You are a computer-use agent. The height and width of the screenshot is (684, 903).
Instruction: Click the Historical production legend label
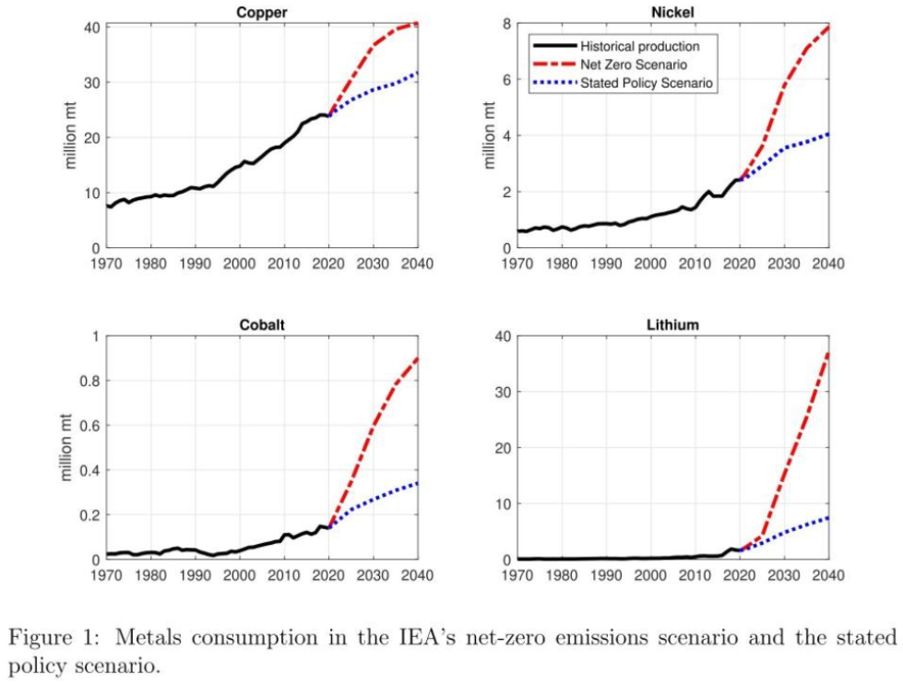point(639,46)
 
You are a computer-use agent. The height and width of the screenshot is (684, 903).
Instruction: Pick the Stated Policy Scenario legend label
point(648,83)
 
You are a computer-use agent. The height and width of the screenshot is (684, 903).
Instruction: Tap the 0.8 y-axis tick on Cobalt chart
point(88,380)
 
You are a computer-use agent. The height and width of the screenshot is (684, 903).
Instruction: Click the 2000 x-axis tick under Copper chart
point(240,264)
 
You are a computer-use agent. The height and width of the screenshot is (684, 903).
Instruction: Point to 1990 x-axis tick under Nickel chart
point(605,264)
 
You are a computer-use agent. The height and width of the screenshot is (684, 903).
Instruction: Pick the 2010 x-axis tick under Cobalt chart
point(284,575)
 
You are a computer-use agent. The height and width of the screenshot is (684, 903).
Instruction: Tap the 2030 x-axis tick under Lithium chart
point(784,575)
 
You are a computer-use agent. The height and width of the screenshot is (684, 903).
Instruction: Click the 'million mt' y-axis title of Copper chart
point(70,137)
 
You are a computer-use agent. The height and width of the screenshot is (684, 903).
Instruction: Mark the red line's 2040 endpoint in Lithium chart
point(827,352)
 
